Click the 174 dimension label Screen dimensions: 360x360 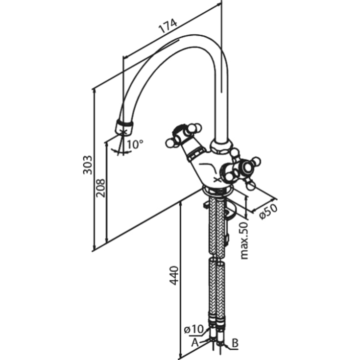click(x=167, y=27)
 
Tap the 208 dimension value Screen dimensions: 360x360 click(x=100, y=187)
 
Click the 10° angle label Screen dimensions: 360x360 click(x=135, y=144)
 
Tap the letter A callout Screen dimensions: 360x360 click(x=195, y=341)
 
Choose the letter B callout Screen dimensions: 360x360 click(x=235, y=343)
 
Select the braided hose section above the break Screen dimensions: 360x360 click(x=216, y=225)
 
